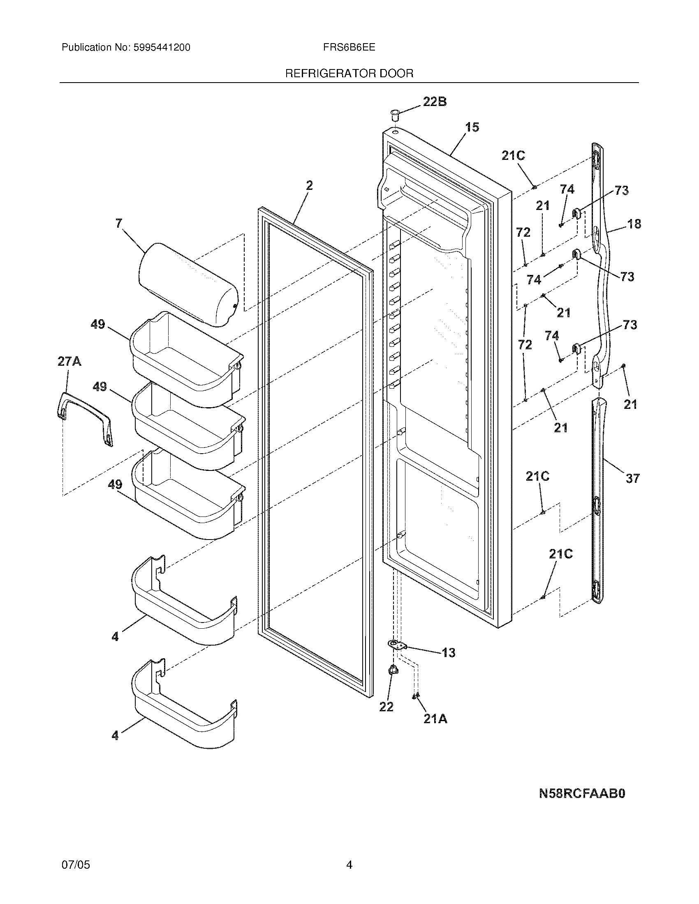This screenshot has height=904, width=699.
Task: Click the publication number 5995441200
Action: click(x=162, y=48)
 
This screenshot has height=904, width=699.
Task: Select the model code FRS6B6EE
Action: click(x=349, y=47)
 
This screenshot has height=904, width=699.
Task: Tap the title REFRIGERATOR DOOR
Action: click(x=349, y=74)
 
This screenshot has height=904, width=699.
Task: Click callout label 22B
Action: click(x=434, y=101)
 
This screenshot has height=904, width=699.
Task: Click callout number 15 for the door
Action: click(x=472, y=127)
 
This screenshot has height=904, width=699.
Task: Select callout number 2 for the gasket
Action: click(x=309, y=186)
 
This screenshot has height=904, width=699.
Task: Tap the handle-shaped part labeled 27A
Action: click(x=85, y=418)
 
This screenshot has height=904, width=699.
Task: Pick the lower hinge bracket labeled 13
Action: click(x=398, y=644)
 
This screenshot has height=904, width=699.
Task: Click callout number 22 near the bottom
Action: click(x=387, y=707)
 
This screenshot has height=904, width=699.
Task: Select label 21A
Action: click(x=435, y=719)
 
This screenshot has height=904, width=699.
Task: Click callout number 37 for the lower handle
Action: click(x=632, y=479)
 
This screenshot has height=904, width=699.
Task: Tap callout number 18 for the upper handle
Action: click(x=634, y=224)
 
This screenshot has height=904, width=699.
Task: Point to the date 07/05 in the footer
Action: click(x=75, y=861)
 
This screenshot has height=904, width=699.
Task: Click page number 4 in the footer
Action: click(x=349, y=861)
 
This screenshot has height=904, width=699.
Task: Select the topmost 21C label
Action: click(x=513, y=156)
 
